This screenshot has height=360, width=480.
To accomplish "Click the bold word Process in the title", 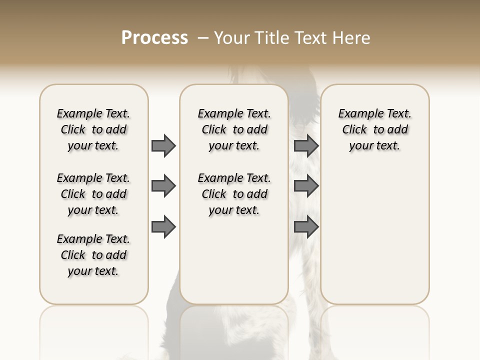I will pos(154,38).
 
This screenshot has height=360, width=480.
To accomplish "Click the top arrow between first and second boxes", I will pos(163,145).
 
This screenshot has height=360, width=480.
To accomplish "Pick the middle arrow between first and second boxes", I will pos(163,186).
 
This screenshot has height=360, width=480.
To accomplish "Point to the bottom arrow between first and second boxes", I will pos(163,227).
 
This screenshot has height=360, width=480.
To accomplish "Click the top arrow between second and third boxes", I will pos(306,145).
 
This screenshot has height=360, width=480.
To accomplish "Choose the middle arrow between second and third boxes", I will pos(306,186).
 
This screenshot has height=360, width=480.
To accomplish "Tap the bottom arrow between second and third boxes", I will pos(306,227).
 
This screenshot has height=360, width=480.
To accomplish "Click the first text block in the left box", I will pos(93,129).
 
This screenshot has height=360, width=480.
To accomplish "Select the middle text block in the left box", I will pos(93,194).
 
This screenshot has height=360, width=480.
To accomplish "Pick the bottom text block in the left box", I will pos(93,255).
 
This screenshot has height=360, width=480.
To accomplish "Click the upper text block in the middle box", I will pos(234,129).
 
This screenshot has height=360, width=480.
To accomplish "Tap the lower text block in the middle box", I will pos(234,194).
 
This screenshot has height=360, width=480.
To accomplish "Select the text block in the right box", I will pos(374,129).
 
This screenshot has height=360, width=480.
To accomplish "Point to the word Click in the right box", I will pos(354,130).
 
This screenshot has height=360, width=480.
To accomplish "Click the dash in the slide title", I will pos(203,38).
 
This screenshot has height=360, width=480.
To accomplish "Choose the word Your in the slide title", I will pos(232,38).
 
